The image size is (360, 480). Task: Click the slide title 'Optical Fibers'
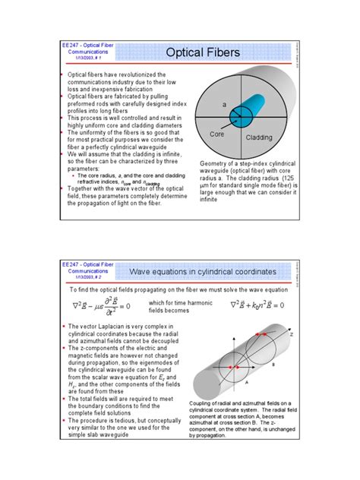coord(203,52)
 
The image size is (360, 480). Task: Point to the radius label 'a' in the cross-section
coord(224,103)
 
